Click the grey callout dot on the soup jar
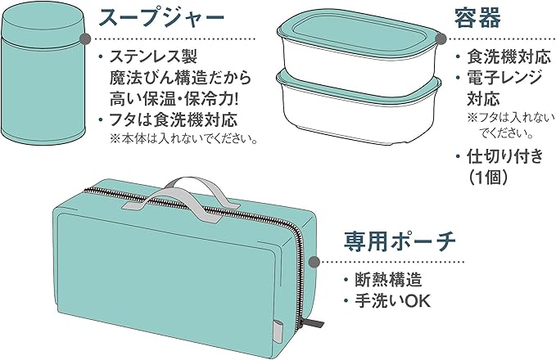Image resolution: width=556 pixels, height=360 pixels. pos(85,38)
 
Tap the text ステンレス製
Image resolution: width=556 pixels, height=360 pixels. pos(153,58)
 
